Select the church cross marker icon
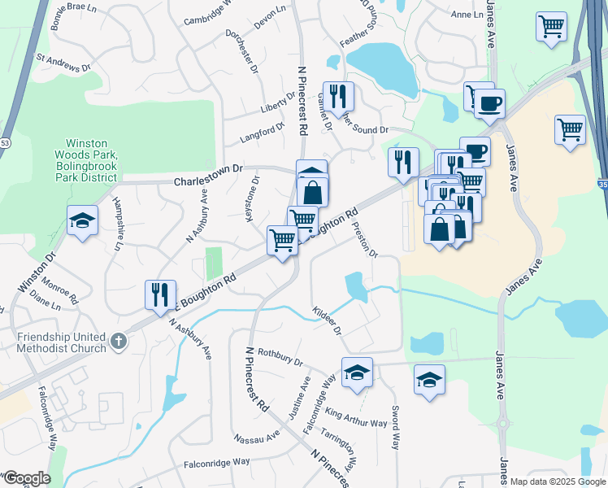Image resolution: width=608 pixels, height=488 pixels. (119, 342)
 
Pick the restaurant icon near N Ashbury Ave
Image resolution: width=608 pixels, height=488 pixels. (159, 293)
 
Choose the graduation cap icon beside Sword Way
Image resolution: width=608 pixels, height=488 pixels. (429, 379)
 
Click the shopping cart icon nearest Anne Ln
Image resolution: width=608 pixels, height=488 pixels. (551, 26)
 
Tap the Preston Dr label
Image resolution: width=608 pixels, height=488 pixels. (365, 238)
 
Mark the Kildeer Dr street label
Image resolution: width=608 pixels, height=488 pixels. (328, 320)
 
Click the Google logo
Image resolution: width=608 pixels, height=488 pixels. (26, 478)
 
